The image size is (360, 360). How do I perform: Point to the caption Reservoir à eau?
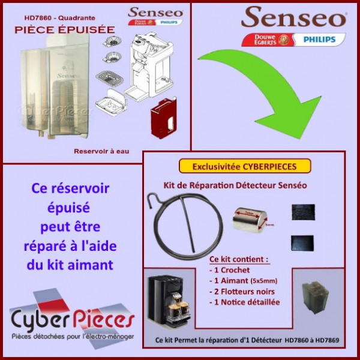coord(101,151)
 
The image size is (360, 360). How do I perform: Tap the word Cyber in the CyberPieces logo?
coord(40,319)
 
